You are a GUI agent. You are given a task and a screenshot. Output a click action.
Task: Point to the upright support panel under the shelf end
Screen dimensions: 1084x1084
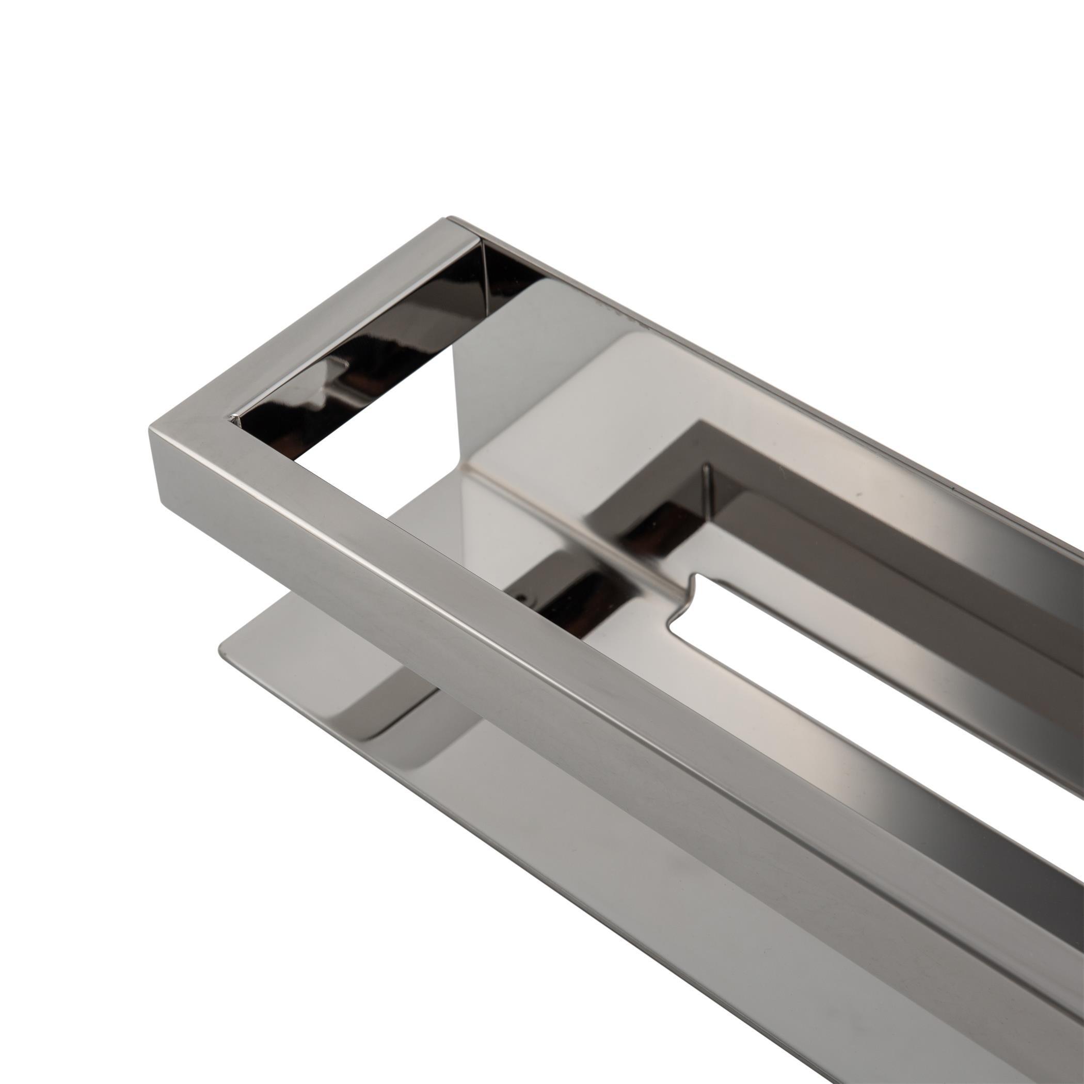[x=471, y=404]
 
